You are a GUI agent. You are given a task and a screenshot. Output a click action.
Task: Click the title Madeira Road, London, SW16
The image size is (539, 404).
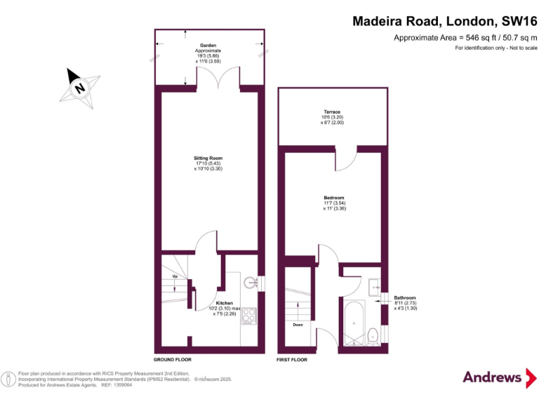point(444,21)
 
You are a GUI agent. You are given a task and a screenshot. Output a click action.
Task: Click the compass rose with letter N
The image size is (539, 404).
point(79,88)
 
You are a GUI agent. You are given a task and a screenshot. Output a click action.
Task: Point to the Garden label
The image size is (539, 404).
point(208,45)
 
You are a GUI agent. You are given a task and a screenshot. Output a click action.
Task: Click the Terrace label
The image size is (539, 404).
point(332,112)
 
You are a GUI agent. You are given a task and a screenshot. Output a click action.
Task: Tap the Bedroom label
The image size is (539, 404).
point(333,198)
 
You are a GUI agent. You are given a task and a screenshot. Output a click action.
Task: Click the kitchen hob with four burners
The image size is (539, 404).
point(249,316)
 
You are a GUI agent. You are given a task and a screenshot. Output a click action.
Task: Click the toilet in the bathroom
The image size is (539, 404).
point(373,334)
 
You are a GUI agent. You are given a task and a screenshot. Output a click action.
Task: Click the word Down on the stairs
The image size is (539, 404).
point(298,325)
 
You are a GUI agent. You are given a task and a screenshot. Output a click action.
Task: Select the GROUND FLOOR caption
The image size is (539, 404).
point(172,358)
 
